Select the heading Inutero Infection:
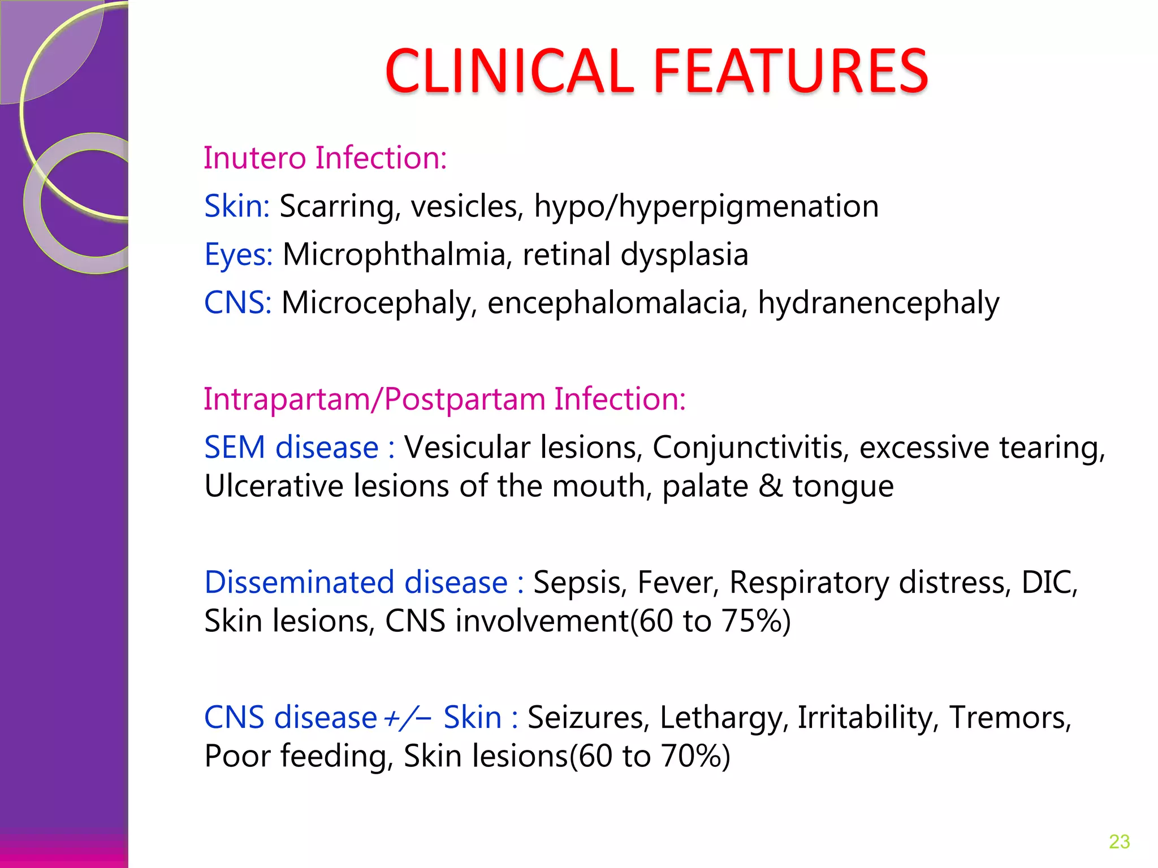pyautogui.click(x=325, y=158)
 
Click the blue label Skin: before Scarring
pyautogui.click(x=237, y=206)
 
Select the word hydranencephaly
pyautogui.click(x=878, y=303)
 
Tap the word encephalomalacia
pyautogui.click(x=614, y=303)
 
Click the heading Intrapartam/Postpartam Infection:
pyautogui.click(x=444, y=399)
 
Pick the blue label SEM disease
pyautogui.click(x=291, y=448)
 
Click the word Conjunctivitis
pyautogui.click(x=750, y=448)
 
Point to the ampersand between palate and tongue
pyautogui.click(x=770, y=486)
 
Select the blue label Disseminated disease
pyautogui.click(x=356, y=583)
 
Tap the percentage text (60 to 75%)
pyautogui.click(x=710, y=621)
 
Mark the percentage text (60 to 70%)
pyautogui.click(x=649, y=757)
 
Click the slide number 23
pyautogui.click(x=1119, y=841)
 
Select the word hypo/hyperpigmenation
pyautogui.click(x=706, y=207)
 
